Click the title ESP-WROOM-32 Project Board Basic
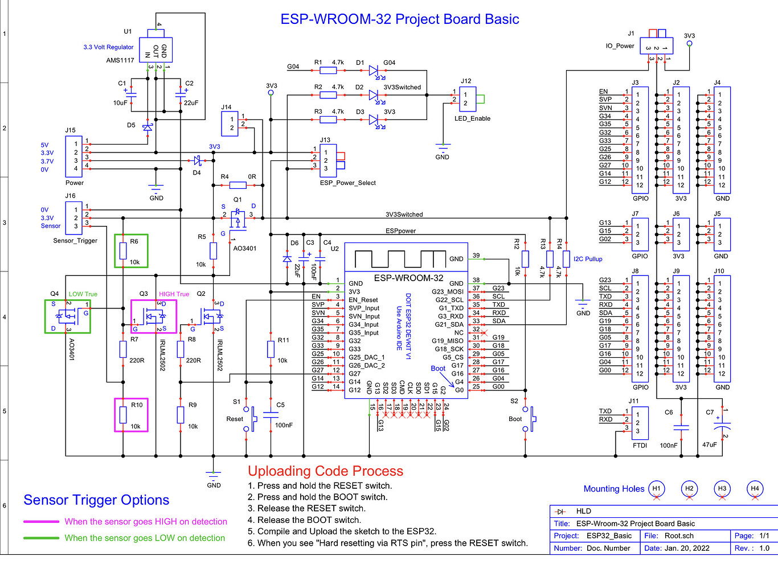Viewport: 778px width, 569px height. click(400, 19)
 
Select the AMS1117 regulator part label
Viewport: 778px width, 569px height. click(120, 60)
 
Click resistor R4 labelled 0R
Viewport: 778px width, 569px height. click(238, 185)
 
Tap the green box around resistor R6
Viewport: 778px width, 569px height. click(131, 236)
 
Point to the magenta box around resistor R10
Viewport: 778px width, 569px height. click(131, 399)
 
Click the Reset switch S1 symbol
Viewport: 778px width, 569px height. click(251, 419)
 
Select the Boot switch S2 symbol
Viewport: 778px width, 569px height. click(530, 419)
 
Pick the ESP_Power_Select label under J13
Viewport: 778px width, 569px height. click(348, 183)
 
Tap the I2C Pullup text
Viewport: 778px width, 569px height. click(588, 259)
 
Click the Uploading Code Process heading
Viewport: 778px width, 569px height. click(325, 471)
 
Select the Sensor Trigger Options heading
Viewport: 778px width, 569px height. click(96, 500)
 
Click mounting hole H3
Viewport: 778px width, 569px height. click(722, 488)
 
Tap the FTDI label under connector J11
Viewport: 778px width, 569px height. click(640, 446)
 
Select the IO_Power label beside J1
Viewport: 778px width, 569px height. click(620, 46)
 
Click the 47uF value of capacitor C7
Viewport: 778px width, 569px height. click(709, 444)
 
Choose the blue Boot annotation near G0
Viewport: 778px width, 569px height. click(438, 368)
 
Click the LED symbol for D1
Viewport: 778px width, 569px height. click(374, 71)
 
